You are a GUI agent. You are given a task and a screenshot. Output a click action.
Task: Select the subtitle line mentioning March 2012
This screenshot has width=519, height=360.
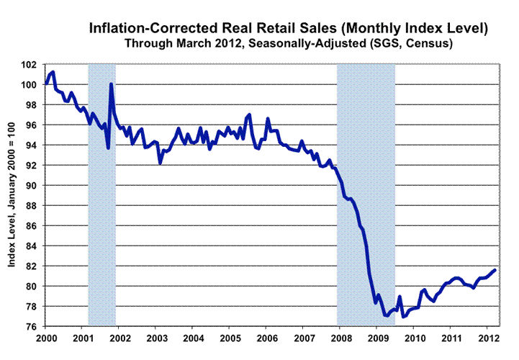288,43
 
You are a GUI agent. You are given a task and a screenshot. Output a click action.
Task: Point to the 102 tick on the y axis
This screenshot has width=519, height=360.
32,65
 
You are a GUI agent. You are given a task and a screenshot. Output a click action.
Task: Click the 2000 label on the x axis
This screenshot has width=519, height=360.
46,337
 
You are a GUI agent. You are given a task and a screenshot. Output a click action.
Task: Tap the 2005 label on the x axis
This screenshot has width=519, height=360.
230,337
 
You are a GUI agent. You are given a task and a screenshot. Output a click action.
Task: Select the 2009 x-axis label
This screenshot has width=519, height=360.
377,337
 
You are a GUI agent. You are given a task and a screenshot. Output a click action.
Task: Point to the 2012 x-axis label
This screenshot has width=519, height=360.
487,337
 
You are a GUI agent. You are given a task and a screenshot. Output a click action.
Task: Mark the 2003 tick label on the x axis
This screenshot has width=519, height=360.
156,337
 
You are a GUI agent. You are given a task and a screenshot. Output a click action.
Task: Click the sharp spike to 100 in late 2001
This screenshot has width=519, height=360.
111,85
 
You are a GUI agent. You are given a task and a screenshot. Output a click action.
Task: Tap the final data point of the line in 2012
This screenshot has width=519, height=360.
495,270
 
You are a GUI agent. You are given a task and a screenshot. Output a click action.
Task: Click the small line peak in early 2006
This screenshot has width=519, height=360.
268,119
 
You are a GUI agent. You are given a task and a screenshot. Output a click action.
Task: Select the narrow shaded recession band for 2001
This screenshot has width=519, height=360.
101,194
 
